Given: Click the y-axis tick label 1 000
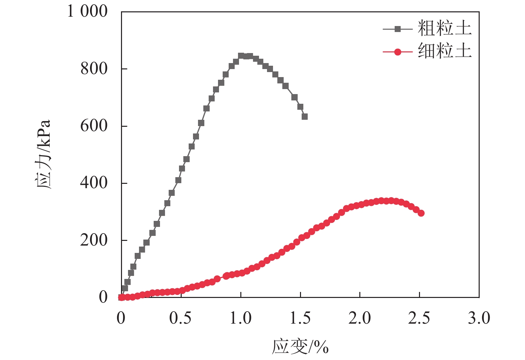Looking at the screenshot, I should tap(87, 11).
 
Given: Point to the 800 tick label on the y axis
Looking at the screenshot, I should tap(94, 69).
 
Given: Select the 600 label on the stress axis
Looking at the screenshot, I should tap(94, 126).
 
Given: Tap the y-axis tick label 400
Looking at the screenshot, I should tap(94, 183).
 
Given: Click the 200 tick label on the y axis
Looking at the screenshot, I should tap(94, 240).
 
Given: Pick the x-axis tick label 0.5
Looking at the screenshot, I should tap(180, 318).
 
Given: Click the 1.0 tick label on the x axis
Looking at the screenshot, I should tap(240, 318).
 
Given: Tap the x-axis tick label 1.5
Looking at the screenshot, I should tap(300, 318).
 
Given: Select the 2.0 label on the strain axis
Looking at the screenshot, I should tap(360, 318).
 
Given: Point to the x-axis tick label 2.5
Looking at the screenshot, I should tap(419, 318).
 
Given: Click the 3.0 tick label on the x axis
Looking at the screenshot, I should tap(479, 318).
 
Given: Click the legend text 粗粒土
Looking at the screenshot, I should tap(445, 28).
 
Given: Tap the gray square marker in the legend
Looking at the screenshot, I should tap(397, 29).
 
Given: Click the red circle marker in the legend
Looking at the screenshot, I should tap(397, 52).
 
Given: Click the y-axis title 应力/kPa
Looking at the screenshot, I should tap(44, 154).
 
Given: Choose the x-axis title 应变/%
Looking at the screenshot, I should tap(300, 347).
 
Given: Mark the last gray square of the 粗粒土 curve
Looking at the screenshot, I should tap(305, 116).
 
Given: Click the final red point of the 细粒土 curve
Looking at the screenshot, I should tap(421, 213).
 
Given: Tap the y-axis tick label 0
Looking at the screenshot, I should tap(103, 297).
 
